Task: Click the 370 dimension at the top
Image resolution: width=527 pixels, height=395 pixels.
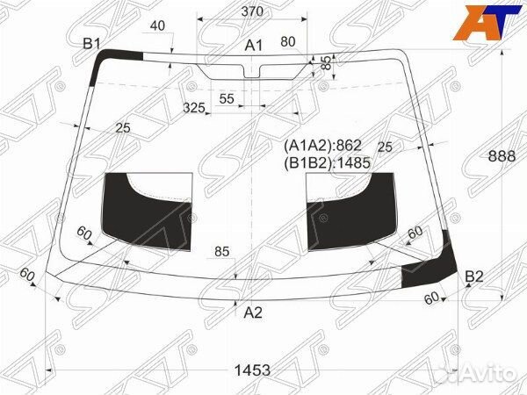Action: pos(252,11)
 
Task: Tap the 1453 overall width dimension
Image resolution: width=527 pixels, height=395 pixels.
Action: pos(252,370)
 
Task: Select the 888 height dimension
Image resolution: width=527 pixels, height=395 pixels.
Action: pos(502,156)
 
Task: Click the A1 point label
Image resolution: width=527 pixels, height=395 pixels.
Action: pos(254,46)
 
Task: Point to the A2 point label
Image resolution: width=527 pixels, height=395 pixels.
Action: pos(253,312)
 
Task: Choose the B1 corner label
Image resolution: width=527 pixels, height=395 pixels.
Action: pos(91,44)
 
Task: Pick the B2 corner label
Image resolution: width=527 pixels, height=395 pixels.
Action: pos(474,276)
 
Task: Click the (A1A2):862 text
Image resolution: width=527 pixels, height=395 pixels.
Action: pos(322,146)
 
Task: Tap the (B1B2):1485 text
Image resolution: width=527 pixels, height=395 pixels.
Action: pos(327,163)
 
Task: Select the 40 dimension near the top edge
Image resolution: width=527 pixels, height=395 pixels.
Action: pos(157,25)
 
